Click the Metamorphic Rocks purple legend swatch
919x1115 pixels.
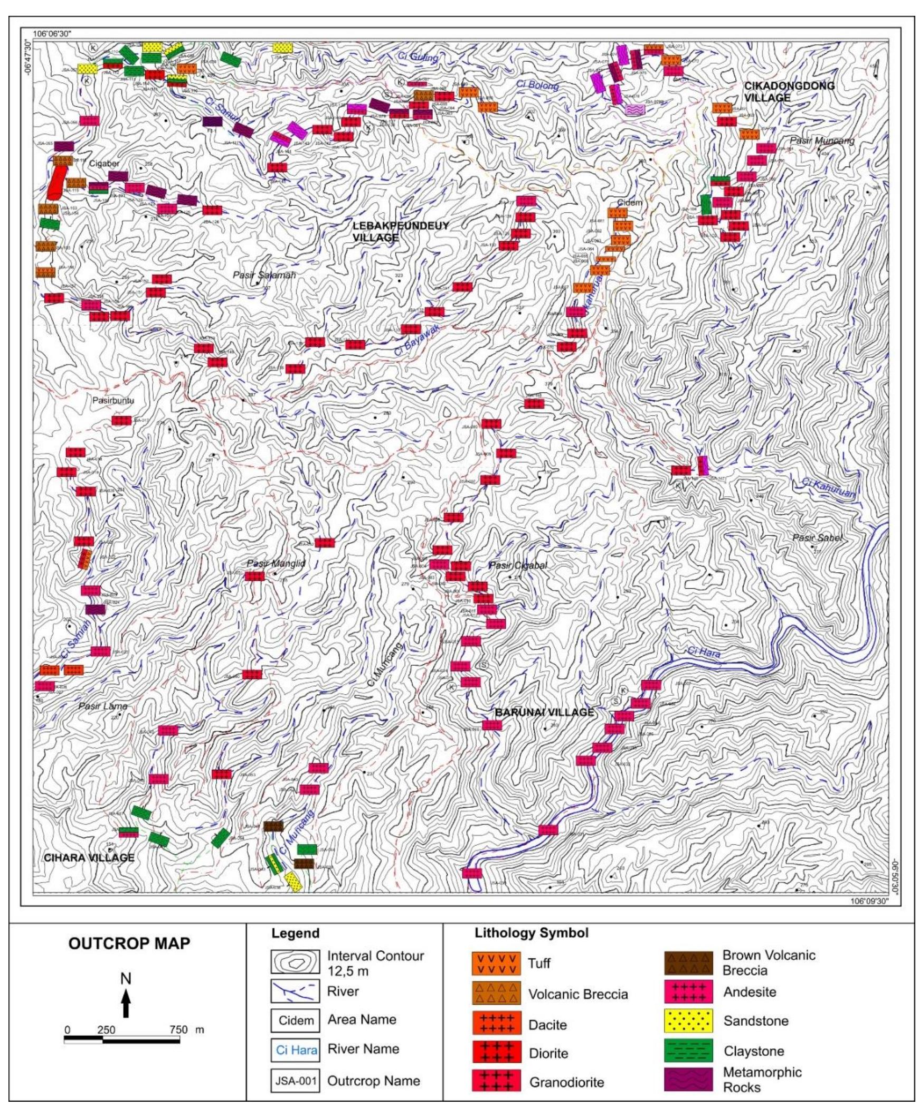click(x=688, y=1080)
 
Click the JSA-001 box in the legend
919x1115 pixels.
click(x=296, y=1081)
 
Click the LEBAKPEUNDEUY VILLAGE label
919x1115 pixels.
click(x=400, y=232)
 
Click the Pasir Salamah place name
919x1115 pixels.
click(x=264, y=275)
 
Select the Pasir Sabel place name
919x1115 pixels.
click(x=816, y=538)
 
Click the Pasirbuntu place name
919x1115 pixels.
click(x=113, y=401)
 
